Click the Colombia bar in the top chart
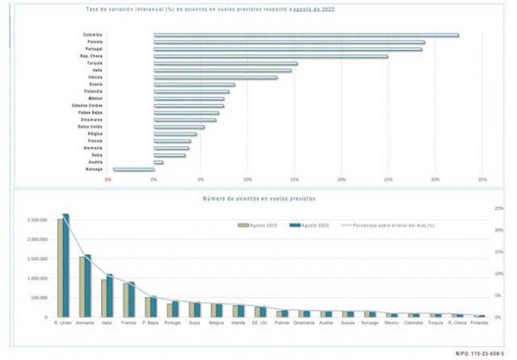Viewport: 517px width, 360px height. (x=306, y=35)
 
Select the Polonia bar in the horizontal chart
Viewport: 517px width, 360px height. (x=289, y=42)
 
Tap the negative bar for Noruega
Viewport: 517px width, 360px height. (x=133, y=170)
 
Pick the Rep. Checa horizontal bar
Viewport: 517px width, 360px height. (x=271, y=56)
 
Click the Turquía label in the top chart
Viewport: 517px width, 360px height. (x=95, y=63)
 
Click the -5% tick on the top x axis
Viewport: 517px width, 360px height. (x=107, y=179)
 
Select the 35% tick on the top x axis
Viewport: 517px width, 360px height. (x=482, y=179)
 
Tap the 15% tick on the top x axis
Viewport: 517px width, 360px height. (x=295, y=179)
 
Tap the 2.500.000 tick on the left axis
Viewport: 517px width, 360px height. (x=37, y=220)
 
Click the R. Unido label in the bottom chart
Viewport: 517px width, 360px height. (x=64, y=324)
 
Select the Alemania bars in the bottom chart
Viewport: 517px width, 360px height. (x=85, y=286)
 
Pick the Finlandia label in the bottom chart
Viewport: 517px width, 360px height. (x=479, y=324)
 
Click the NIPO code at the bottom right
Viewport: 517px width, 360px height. (x=480, y=353)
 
